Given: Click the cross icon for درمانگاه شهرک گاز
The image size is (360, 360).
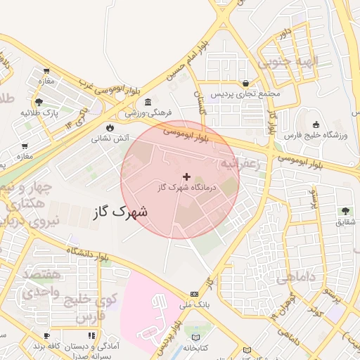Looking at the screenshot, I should (186, 176).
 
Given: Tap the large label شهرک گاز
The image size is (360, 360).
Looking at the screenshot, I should (120, 210).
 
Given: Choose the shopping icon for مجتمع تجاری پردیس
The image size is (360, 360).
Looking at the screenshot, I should (245, 82).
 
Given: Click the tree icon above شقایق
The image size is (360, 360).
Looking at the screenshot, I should (345, 210).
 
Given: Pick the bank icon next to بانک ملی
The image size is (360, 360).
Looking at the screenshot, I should (194, 294).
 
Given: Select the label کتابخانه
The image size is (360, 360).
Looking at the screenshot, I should (196, 347).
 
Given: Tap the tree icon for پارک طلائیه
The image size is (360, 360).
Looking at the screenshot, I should (39, 101).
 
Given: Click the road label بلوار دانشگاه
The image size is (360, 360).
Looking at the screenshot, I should (89, 255).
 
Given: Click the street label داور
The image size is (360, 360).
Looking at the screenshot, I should (284, 33).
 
